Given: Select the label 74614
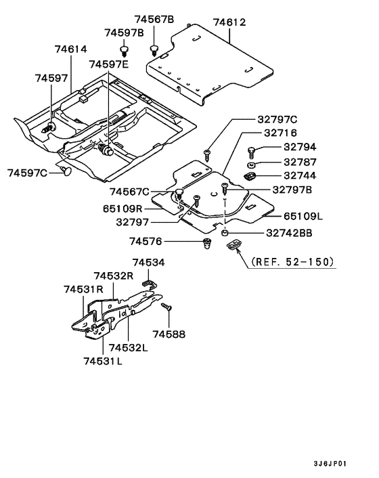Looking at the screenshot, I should tap(70, 49).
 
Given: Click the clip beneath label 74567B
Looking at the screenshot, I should tap(154, 49).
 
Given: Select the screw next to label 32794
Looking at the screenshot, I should tap(251, 150).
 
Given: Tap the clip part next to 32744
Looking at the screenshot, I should tap(250, 176).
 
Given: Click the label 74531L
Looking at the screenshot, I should tap(103, 362).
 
